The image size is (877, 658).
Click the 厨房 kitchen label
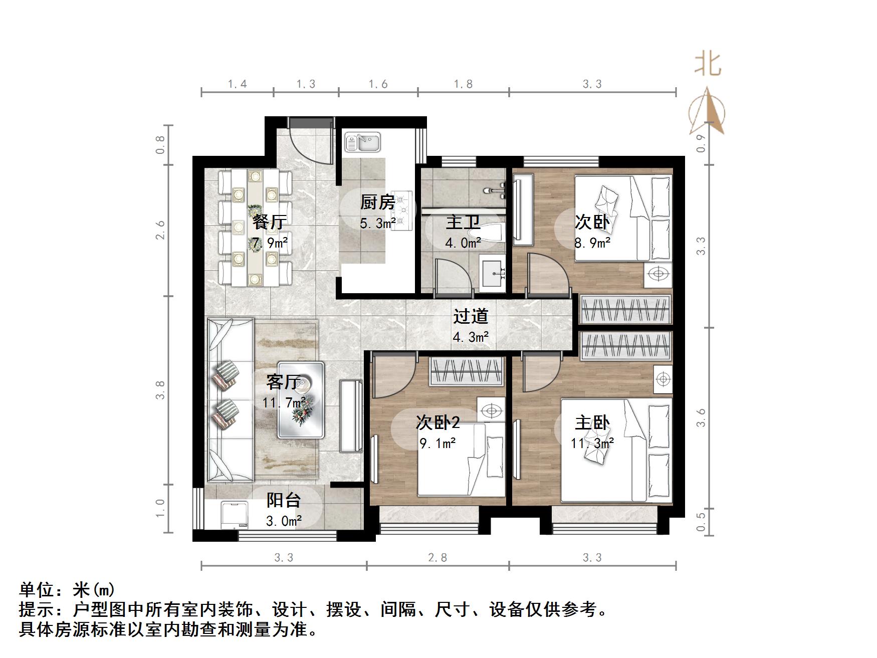click(377, 202)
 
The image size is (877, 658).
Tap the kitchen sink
click(363, 142)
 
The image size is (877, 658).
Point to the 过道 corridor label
click(470, 316)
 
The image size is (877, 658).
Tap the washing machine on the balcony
click(235, 515)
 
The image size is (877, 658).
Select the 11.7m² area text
click(284, 402)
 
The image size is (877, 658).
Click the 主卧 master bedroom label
click(592, 423)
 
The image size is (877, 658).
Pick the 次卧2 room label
click(437, 423)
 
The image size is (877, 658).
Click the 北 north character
click(708, 65)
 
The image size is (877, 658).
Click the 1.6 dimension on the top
click(378, 84)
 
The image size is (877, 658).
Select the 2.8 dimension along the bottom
click(437, 557)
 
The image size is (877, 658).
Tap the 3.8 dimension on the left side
click(160, 390)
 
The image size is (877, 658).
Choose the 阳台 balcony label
click(283, 500)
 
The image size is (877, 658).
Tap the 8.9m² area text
click(592, 243)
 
